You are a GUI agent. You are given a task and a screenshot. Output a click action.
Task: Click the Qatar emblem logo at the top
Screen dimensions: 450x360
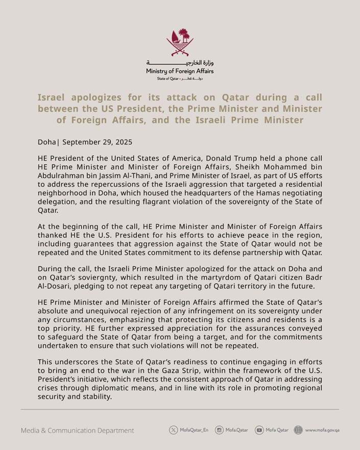pyautogui.click(x=180, y=43)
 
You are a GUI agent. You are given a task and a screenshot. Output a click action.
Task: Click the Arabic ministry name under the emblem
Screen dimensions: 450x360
pyautogui.click(x=180, y=63)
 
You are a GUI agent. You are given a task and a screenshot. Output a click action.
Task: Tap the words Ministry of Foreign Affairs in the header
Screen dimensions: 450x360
pyautogui.click(x=180, y=72)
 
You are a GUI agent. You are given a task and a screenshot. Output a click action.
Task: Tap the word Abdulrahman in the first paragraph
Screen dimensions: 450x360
pyautogui.click(x=61, y=177)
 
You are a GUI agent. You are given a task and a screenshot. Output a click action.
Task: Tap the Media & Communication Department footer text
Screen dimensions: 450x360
pyautogui.click(x=78, y=431)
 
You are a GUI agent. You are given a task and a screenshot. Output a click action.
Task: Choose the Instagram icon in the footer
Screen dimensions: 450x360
pyautogui.click(x=219, y=430)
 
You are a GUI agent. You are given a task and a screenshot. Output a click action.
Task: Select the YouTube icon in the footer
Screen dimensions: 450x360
pyautogui.click(x=259, y=430)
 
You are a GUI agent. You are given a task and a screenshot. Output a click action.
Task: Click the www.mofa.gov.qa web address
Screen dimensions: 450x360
pyautogui.click(x=322, y=430)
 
